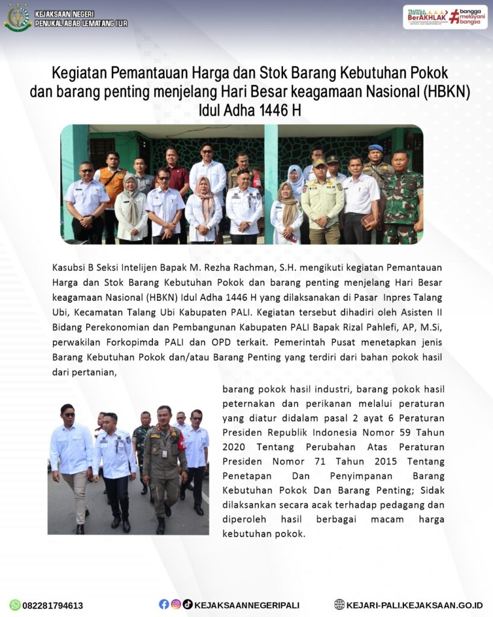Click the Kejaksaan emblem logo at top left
(17, 17)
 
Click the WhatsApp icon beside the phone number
(15, 605)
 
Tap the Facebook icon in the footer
(164, 604)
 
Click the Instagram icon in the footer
(176, 604)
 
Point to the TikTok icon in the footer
(188, 604)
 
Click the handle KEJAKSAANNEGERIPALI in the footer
(247, 605)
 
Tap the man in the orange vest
(113, 181)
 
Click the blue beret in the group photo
(376, 148)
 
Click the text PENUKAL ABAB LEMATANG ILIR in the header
(81, 23)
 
